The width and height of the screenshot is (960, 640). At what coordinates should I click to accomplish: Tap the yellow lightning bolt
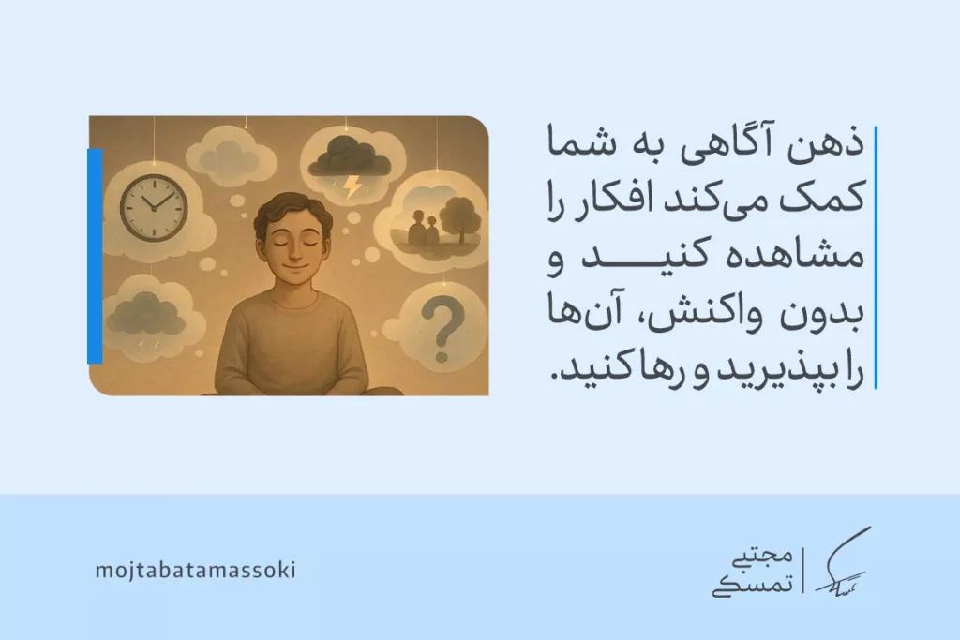[352, 186]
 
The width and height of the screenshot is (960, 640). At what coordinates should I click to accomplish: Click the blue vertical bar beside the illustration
[94, 255]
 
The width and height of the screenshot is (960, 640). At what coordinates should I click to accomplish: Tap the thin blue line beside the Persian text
[875, 256]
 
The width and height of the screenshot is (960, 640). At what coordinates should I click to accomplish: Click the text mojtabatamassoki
[195, 570]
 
